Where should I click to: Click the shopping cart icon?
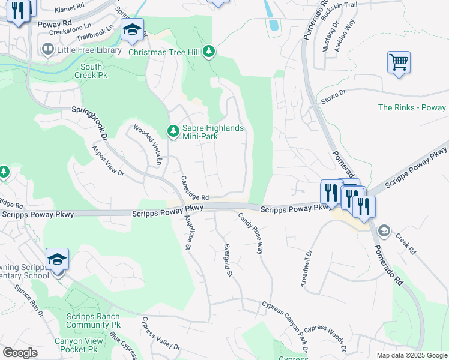399,62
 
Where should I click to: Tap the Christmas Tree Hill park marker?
209,52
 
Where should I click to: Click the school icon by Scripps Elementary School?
57,260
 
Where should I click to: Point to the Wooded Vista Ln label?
148,145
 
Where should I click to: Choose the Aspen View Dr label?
107,161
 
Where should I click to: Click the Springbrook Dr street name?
89,123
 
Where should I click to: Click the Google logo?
20,353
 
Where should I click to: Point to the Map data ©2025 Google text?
411,355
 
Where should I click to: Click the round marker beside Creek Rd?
384,230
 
